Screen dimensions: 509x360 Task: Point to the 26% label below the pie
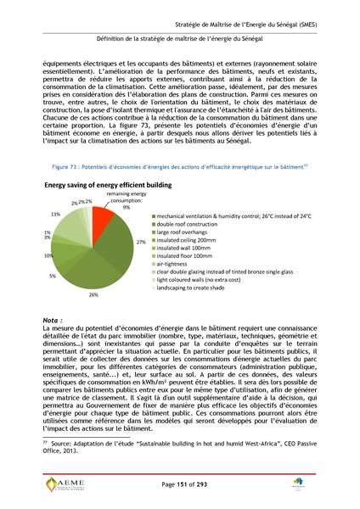click(93, 294)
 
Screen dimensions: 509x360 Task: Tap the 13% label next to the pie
click(55, 214)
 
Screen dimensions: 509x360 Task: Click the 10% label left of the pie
click(48, 255)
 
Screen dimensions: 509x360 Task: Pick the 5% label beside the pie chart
click(53, 276)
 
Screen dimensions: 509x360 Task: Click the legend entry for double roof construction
click(191, 225)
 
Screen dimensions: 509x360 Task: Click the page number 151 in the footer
click(180, 484)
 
